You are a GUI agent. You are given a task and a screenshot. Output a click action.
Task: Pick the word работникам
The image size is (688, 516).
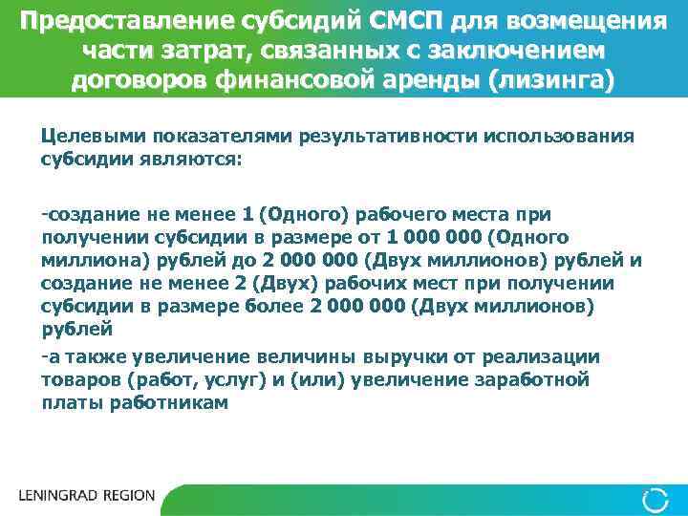pyautogui.click(x=173, y=402)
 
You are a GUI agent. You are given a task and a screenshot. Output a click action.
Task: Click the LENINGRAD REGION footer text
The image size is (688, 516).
pyautogui.click(x=86, y=497)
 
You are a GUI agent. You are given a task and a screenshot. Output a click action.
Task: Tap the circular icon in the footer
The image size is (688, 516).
pyautogui.click(x=656, y=498)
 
